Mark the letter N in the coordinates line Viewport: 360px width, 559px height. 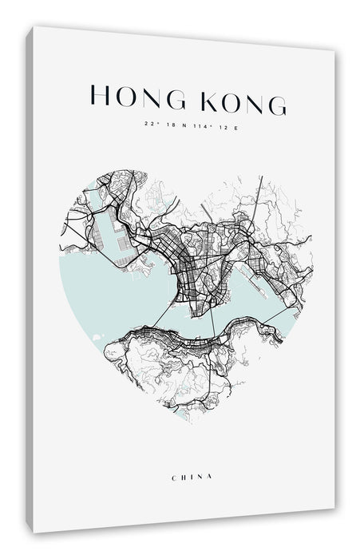pyautogui.click(x=182, y=125)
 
